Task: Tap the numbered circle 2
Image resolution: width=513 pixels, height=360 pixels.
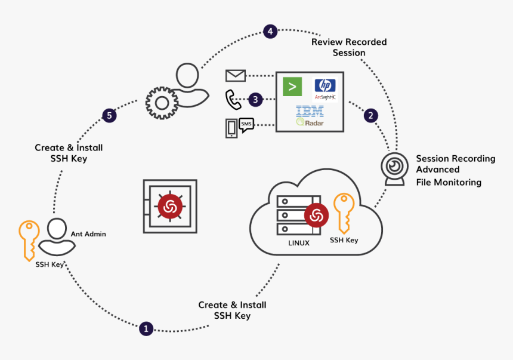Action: [371, 115]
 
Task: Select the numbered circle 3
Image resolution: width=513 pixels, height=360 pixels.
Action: [255, 100]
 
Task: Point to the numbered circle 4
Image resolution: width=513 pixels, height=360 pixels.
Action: [271, 32]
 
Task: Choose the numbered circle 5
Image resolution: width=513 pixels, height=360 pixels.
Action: [109, 115]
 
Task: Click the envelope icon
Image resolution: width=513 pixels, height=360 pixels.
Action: [235, 76]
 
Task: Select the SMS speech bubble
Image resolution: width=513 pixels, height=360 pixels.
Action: [246, 124]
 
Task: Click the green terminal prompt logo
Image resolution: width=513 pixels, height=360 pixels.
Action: [292, 87]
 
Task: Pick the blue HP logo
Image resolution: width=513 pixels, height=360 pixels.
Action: [325, 85]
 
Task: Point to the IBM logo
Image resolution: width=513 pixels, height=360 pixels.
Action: [310, 111]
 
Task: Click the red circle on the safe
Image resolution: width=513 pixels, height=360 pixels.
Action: [169, 207]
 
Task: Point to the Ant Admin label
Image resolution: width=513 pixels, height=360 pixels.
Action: [88, 234]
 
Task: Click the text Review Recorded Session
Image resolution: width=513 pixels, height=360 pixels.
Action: [349, 47]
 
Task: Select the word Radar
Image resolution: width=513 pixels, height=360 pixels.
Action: [314, 123]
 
